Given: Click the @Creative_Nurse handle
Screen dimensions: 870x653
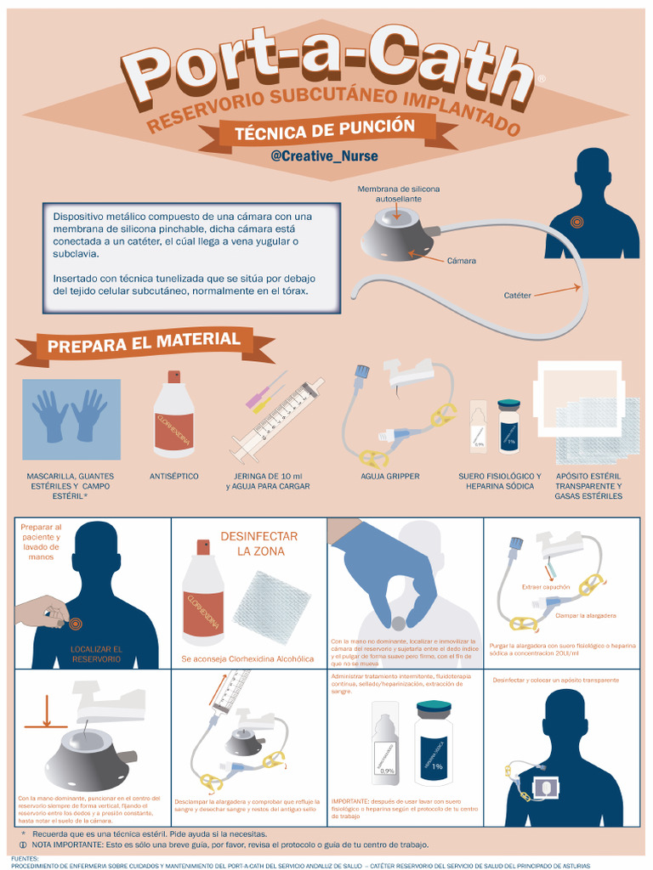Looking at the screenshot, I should pos(324,156).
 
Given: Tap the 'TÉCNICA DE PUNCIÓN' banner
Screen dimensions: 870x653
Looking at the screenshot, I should pos(325,129).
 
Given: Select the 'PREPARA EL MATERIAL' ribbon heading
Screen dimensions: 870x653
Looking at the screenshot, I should pos(144,342).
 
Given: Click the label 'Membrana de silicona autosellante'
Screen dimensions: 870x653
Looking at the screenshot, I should pos(398,194).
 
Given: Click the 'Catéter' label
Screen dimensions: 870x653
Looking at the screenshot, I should pos(517,296).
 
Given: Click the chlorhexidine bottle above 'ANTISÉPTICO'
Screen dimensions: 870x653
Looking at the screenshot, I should pos(173,416).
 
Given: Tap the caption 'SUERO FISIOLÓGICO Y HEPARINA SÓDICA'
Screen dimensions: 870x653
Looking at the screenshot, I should pos(499,482).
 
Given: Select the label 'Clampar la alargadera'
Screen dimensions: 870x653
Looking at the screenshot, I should pos(585,615).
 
